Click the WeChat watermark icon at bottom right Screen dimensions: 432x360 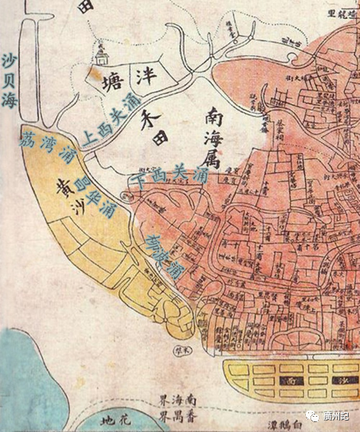314,416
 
